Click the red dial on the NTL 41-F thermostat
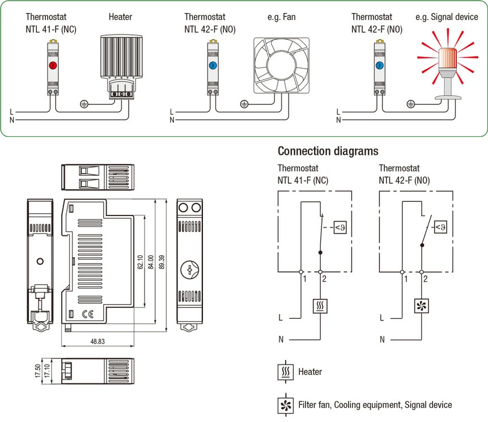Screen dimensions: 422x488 52,65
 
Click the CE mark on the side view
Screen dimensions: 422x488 88,314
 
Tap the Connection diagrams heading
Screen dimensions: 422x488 328,151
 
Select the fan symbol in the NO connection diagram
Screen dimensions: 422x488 422,306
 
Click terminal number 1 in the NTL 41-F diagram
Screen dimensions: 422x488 304,278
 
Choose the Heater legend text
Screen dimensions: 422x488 310,372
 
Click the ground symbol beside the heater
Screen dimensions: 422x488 84,104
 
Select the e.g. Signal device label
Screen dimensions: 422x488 447,17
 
